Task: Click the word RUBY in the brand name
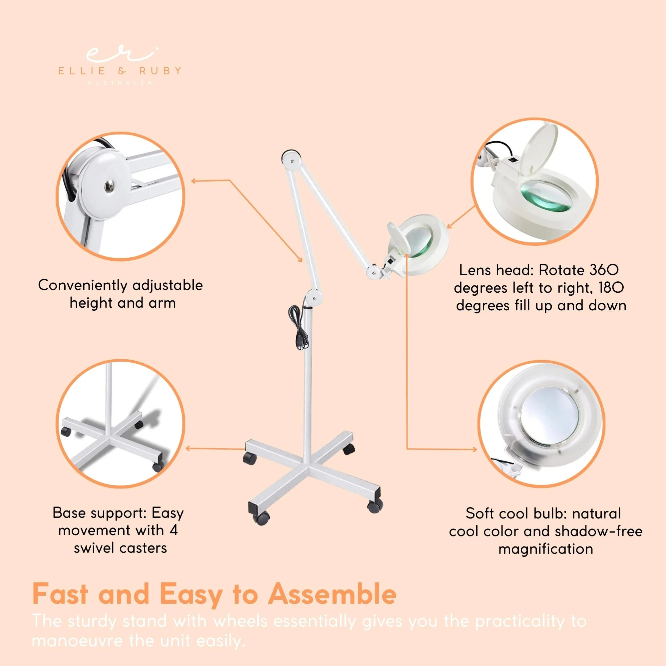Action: point(160,71)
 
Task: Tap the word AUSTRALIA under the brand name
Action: point(120,83)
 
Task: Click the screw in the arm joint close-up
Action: point(110,186)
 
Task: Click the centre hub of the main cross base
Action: point(307,469)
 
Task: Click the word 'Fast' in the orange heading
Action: point(60,594)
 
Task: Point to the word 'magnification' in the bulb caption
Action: point(546,549)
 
